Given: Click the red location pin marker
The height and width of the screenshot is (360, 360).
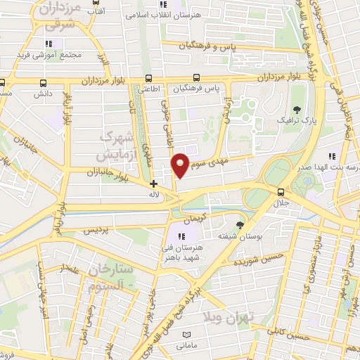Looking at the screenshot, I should [x=181, y=165].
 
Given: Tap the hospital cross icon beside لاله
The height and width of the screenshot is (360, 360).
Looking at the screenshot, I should [x=153, y=184].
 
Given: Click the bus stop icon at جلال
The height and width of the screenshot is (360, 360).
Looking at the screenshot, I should [x=281, y=192].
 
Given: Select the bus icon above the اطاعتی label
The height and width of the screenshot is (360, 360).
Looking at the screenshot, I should [x=148, y=79].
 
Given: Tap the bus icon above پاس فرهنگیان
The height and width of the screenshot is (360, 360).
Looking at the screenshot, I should [x=198, y=79].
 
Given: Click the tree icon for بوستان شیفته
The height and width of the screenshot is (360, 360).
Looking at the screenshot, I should [x=240, y=225].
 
